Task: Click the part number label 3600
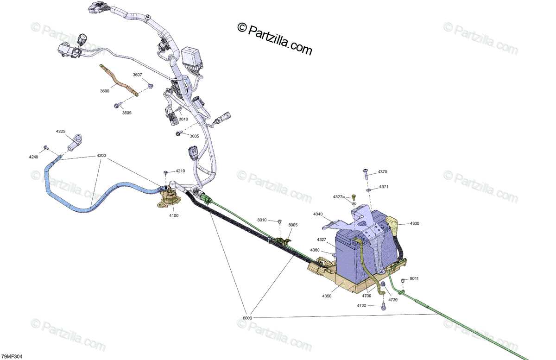(105, 91)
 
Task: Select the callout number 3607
(138, 75)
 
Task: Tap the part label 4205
(61, 132)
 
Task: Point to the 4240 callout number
(34, 157)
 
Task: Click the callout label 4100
(174, 215)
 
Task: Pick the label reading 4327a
(339, 197)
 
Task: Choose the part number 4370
(382, 172)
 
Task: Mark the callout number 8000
(247, 318)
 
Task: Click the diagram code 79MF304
(12, 356)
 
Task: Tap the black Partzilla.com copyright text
(275, 39)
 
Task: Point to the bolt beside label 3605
(118, 105)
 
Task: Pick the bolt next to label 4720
(383, 307)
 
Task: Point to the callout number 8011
(414, 279)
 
